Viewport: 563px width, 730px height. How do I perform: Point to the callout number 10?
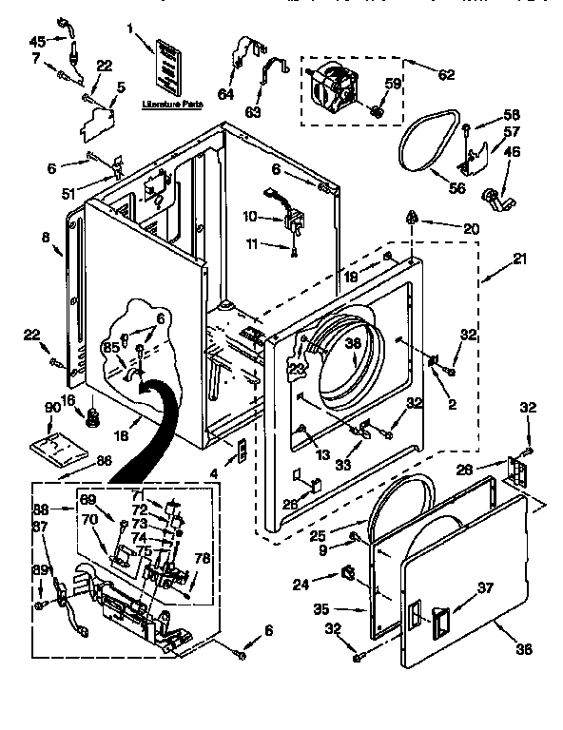249,217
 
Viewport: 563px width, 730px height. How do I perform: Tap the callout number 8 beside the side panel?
45,238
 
